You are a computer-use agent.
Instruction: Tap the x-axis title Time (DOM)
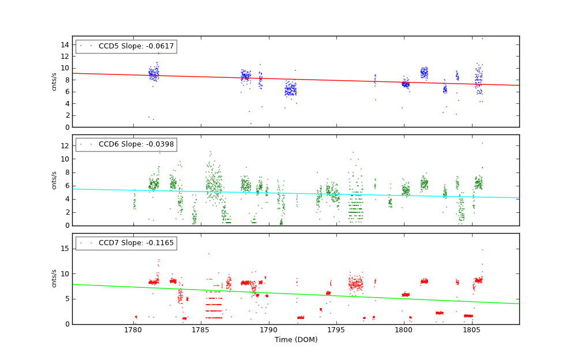click(x=295, y=340)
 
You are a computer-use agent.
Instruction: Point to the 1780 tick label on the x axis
click(x=133, y=331)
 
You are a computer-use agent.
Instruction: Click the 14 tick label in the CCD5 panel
click(x=65, y=44)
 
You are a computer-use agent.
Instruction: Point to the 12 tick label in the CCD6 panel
click(x=65, y=145)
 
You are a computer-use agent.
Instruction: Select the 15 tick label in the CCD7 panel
click(x=65, y=249)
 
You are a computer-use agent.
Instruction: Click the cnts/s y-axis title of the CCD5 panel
click(x=54, y=81)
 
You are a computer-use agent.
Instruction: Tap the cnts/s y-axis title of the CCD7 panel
click(x=54, y=278)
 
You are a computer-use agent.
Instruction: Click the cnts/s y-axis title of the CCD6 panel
click(x=54, y=180)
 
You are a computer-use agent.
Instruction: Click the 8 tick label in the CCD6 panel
click(x=66, y=172)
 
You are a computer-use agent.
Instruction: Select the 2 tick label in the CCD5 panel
click(x=66, y=115)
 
